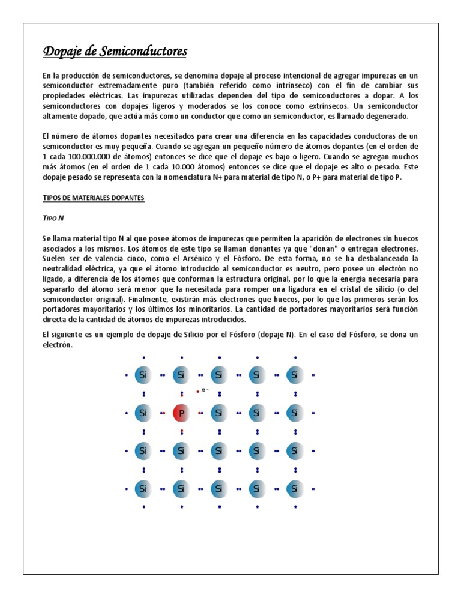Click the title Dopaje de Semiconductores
[115, 52]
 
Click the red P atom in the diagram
[181, 413]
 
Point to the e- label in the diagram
[205, 390]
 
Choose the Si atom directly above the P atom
[181, 375]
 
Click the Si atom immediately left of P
[143, 413]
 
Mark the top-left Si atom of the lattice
[143, 375]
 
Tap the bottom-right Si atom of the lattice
[294, 489]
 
